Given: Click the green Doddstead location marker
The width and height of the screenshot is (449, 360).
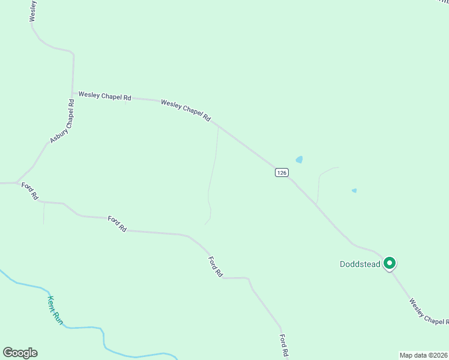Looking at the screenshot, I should [389, 263].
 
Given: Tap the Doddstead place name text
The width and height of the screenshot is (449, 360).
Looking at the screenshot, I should [360, 264].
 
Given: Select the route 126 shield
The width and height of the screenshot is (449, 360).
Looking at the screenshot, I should [282, 172].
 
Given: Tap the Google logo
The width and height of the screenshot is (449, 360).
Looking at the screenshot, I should [20, 353].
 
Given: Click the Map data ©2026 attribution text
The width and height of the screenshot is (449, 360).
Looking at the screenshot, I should [424, 355].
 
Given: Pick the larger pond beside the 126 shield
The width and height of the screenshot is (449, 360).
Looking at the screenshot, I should [299, 160].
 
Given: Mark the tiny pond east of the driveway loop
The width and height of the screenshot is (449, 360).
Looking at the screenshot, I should [354, 191].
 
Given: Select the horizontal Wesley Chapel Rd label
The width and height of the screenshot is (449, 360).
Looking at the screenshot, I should [104, 96].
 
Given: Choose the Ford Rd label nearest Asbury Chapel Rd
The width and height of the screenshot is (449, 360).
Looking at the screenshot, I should [30, 191].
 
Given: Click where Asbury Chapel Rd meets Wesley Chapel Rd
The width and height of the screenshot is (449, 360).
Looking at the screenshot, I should [73, 94].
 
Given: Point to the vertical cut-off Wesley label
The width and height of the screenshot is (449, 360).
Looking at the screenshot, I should [33, 11].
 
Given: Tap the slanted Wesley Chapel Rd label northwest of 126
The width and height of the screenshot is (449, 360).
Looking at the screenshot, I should [185, 111].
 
